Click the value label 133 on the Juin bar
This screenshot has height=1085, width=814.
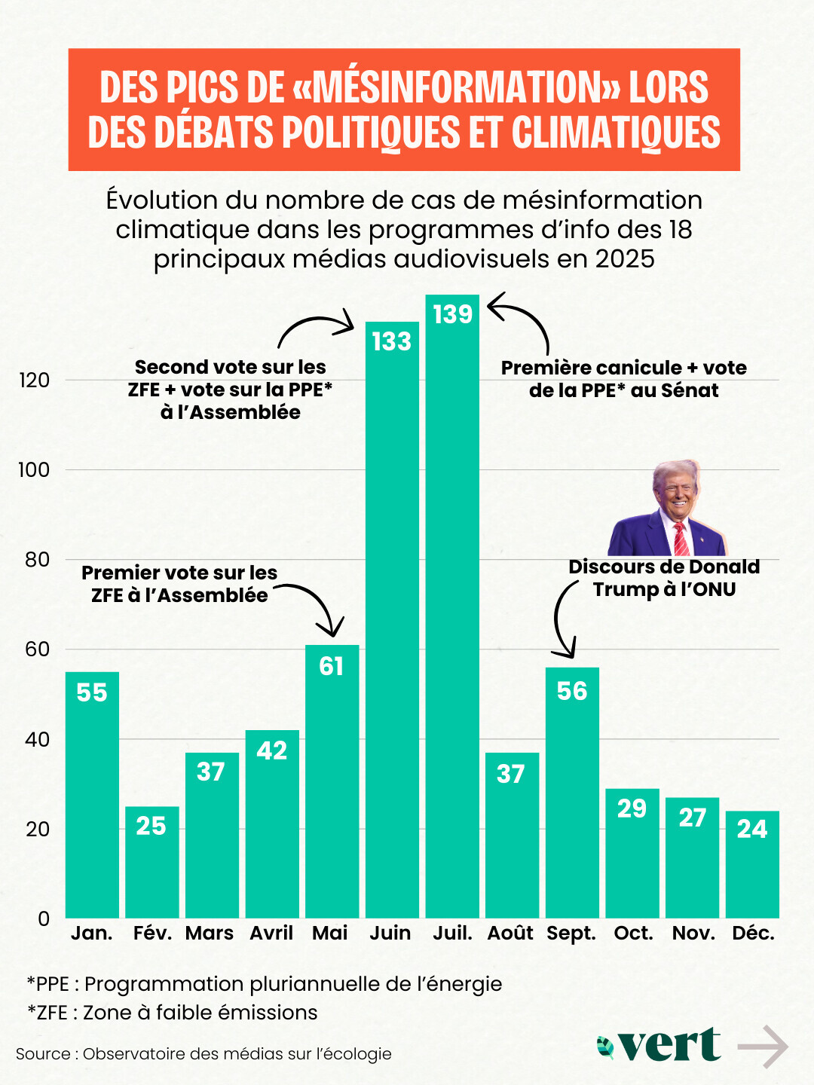click(392, 341)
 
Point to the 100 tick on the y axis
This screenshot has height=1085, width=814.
click(34, 470)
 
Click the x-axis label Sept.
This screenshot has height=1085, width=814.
click(571, 934)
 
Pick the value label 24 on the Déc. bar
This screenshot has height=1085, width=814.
click(751, 829)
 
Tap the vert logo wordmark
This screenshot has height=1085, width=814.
click(669, 1045)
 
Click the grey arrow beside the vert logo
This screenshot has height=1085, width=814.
click(763, 1047)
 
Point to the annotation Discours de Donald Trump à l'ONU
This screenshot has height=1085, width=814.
click(664, 578)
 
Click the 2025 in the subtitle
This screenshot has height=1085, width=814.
click(625, 258)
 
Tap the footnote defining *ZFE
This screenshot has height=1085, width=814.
click(173, 1013)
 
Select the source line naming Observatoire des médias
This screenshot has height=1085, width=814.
click(203, 1054)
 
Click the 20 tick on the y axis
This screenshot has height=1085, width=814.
click(37, 830)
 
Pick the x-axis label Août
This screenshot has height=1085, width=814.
click(510, 934)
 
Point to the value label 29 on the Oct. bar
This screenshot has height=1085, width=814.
click(632, 808)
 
